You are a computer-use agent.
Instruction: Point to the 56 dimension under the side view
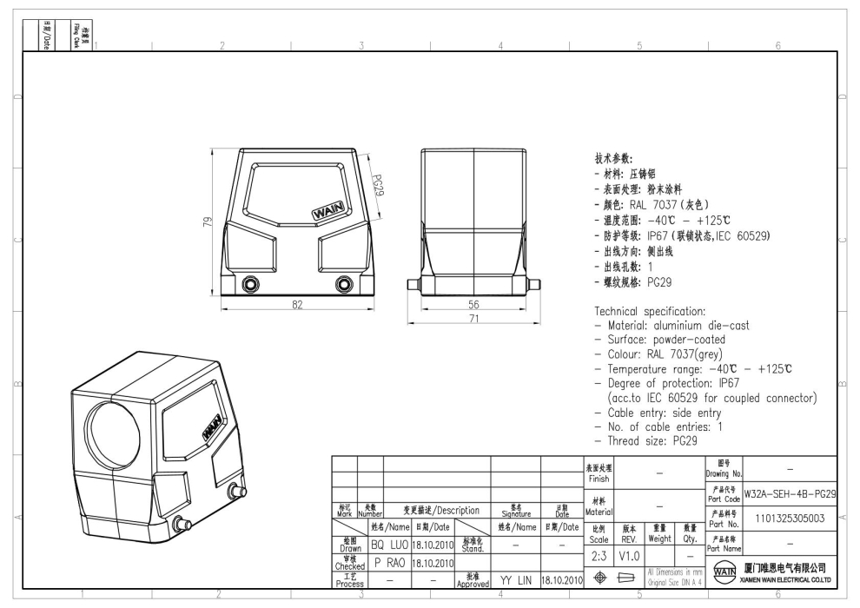(473, 305)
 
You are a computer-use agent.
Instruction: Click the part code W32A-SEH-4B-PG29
(791, 493)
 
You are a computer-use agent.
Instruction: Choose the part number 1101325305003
(791, 519)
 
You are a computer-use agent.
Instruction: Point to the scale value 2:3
(598, 553)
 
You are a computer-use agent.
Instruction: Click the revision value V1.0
(630, 553)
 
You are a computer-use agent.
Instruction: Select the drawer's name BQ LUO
(389, 545)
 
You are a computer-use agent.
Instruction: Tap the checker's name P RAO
(389, 563)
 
